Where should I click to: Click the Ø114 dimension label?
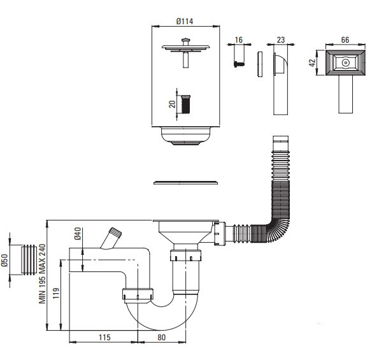[185, 22]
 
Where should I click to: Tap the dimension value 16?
[239, 40]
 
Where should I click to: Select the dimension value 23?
[281, 40]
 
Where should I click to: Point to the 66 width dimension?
[345, 40]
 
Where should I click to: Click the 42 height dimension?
[312, 62]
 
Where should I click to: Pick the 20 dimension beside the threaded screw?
[172, 104]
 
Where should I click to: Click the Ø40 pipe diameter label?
[78, 233]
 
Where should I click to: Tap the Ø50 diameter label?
[4, 260]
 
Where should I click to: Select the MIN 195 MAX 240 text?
[42, 273]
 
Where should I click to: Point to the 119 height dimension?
[56, 293]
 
